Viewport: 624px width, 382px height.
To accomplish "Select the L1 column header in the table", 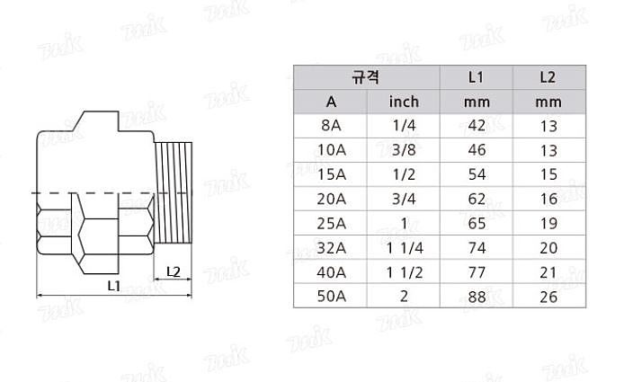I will click(x=477, y=77).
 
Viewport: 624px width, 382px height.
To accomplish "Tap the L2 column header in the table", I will click(x=548, y=77).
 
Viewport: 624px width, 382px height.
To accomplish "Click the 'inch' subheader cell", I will click(x=404, y=102).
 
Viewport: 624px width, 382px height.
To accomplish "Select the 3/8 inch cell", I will click(x=404, y=150).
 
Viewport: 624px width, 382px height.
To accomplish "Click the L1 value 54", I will click(x=477, y=174).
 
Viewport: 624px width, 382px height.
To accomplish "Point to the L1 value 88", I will click(x=477, y=296).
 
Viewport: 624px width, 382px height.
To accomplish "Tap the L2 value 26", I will click(x=548, y=296).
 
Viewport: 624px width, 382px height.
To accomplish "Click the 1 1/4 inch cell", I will click(x=404, y=247).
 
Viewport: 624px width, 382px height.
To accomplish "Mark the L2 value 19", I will click(x=548, y=223).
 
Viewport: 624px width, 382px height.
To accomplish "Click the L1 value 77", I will click(x=477, y=271).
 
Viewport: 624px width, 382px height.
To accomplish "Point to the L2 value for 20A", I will click(x=548, y=199).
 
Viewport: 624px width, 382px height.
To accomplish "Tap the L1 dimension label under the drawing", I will click(x=114, y=286).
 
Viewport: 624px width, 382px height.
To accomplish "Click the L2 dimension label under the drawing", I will click(x=174, y=271).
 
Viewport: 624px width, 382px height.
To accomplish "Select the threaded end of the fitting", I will click(x=175, y=193).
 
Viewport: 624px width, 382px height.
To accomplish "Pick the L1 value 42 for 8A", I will click(x=477, y=126).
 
